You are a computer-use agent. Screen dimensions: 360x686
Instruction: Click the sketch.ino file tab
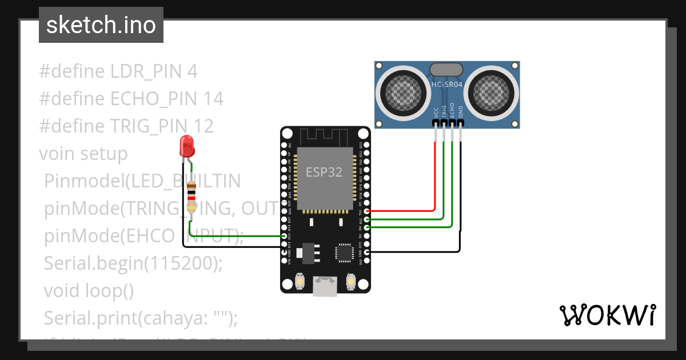click(x=101, y=25)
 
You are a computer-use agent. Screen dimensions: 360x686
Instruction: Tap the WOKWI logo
click(x=607, y=315)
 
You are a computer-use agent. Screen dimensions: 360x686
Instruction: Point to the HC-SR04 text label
click(x=447, y=85)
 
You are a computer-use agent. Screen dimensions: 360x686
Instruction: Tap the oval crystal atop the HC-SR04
click(x=447, y=69)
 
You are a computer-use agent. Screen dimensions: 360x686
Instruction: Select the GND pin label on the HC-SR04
click(x=461, y=111)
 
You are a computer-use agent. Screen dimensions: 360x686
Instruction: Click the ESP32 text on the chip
click(x=324, y=172)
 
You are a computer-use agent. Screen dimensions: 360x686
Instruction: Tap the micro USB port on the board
click(x=325, y=287)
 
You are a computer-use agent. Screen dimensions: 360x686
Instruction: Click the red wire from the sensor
click(x=435, y=177)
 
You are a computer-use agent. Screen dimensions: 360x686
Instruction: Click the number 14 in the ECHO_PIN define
click(x=213, y=99)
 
